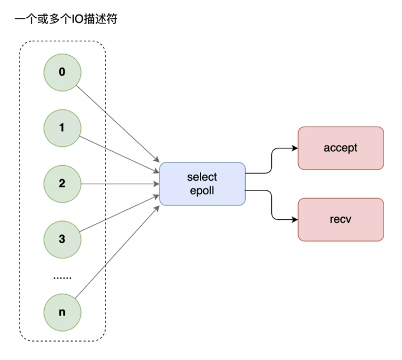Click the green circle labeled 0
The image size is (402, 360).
click(x=62, y=73)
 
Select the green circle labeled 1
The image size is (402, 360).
click(x=62, y=128)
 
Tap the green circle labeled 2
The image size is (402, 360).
click(x=62, y=184)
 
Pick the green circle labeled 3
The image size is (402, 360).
click(x=62, y=239)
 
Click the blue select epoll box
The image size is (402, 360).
click(x=202, y=184)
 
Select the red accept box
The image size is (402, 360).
click(x=341, y=148)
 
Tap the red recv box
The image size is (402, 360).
click(x=341, y=219)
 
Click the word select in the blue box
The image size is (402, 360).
click(x=202, y=177)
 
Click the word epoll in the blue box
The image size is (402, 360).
click(x=202, y=190)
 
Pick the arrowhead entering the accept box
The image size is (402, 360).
click(x=295, y=148)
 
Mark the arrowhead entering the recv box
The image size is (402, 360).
click(x=295, y=219)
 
